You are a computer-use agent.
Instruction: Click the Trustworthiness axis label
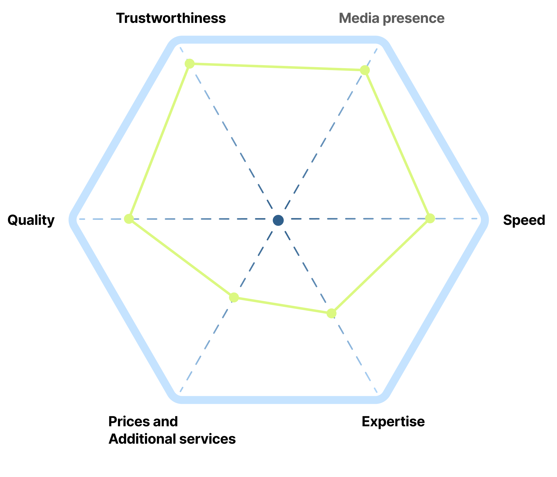[x=171, y=18]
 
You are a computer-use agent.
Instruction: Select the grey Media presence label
[x=391, y=18]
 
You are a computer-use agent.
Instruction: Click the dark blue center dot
[x=278, y=220]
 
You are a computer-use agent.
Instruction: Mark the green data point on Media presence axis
[x=365, y=70]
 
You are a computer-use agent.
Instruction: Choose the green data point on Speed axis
[x=430, y=218]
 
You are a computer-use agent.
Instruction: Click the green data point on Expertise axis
[x=332, y=313]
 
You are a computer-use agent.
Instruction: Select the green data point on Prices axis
[x=234, y=297]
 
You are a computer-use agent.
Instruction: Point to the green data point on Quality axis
[x=129, y=219]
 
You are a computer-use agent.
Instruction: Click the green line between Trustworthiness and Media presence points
[x=277, y=67]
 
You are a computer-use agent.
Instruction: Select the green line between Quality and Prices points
[x=181, y=258]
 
